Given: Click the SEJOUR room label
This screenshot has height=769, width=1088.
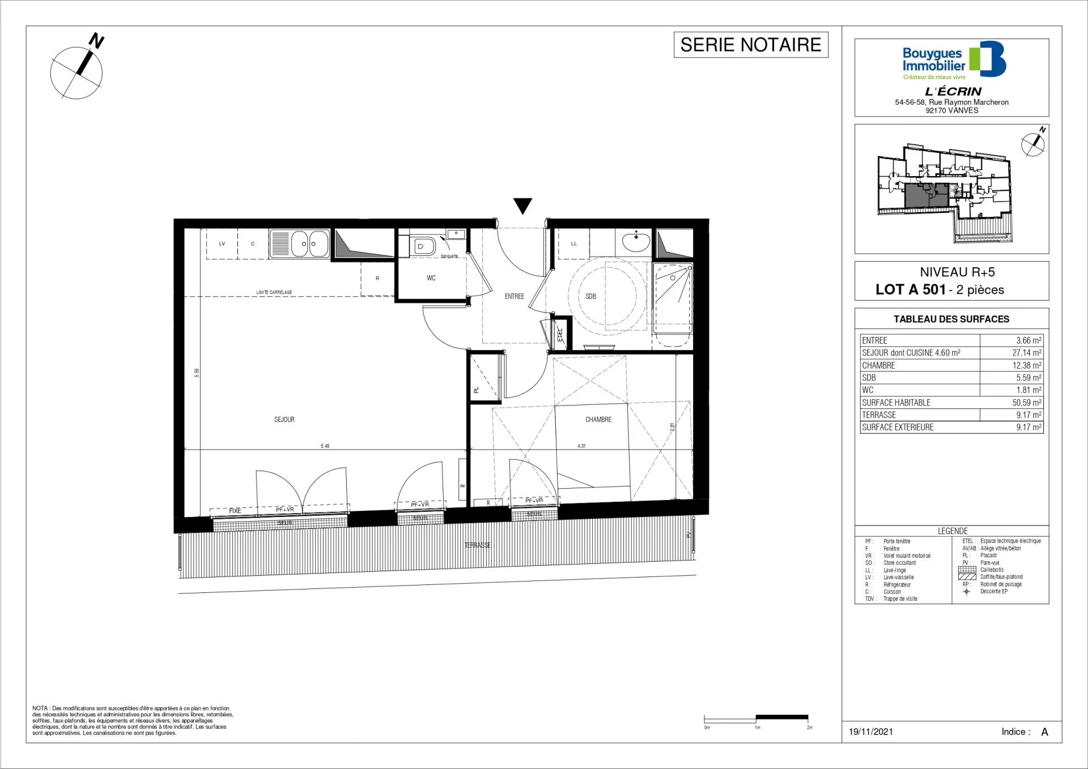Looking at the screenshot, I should pyautogui.click(x=284, y=420).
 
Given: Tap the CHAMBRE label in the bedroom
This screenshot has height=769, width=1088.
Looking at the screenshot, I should pyautogui.click(x=598, y=420).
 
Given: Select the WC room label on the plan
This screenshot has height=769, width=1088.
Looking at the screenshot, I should pyautogui.click(x=431, y=278).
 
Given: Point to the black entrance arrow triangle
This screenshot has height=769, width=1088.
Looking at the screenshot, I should pyautogui.click(x=522, y=205).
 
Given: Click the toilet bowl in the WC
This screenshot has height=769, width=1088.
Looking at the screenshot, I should pyautogui.click(x=423, y=246).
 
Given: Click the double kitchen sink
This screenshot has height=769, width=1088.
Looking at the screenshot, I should pyautogui.click(x=299, y=244).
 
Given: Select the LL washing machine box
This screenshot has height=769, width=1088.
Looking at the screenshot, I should pyautogui.click(x=573, y=244).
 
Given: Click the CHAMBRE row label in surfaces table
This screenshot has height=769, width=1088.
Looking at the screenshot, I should pyautogui.click(x=878, y=365).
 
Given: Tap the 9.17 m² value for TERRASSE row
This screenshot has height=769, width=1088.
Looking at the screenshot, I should pyautogui.click(x=1028, y=415).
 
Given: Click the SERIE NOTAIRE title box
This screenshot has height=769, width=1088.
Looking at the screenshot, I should pyautogui.click(x=750, y=45).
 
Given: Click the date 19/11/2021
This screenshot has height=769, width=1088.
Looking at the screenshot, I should pyautogui.click(x=870, y=732).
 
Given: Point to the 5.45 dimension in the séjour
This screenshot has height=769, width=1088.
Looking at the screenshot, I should pyautogui.click(x=325, y=446).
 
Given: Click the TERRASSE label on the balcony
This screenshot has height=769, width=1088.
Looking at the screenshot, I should pyautogui.click(x=477, y=545).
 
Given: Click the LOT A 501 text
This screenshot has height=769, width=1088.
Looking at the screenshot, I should pyautogui.click(x=910, y=289).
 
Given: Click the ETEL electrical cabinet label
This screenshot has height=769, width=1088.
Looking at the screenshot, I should pyautogui.click(x=560, y=334).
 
